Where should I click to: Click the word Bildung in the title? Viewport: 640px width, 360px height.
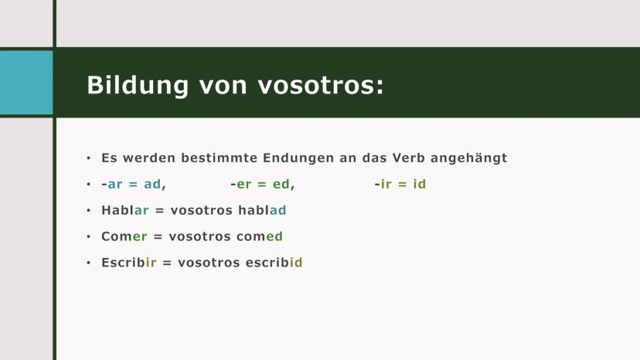138,86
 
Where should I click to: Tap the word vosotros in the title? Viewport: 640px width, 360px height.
321,85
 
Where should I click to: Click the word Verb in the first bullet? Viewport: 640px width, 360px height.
409,158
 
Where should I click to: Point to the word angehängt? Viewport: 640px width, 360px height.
469,158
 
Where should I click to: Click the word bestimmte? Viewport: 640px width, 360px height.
220,158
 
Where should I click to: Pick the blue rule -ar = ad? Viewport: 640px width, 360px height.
134,184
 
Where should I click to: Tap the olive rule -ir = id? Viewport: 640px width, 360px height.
400,184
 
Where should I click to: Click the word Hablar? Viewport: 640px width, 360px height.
125,210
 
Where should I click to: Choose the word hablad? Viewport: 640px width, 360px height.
262,210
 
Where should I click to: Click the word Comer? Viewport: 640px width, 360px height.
124,236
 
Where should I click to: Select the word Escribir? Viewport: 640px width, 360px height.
128,263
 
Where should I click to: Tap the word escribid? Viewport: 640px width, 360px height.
274,263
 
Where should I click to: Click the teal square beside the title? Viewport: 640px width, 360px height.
26,83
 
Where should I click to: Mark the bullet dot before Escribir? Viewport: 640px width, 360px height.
89,263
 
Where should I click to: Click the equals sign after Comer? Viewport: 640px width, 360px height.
158,236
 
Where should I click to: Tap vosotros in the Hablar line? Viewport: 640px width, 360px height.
202,210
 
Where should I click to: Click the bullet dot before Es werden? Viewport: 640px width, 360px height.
89,158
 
